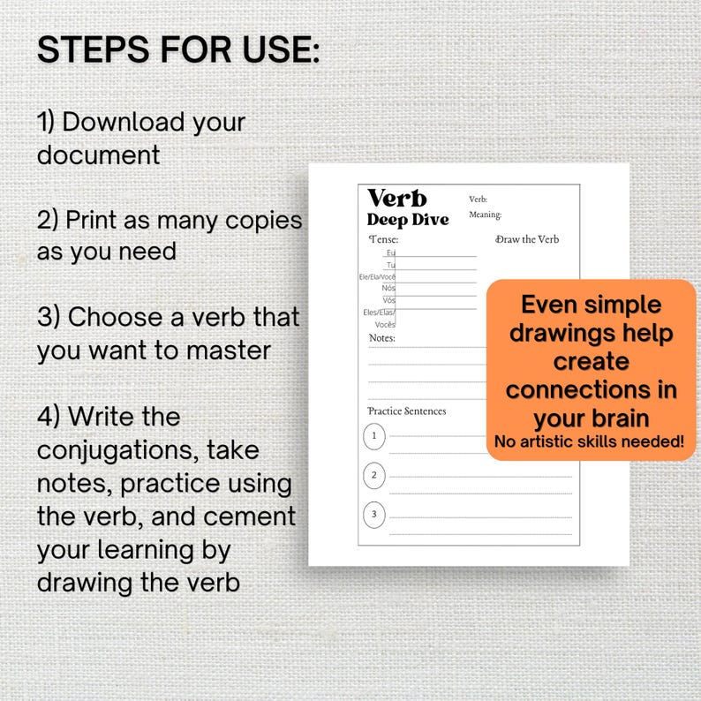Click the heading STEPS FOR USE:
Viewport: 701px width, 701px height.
tap(178, 49)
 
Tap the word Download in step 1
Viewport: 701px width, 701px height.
tap(123, 122)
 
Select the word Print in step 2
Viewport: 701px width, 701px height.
tap(91, 220)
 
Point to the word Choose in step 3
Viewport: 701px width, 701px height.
tap(116, 317)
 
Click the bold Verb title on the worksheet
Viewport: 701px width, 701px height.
tap(397, 199)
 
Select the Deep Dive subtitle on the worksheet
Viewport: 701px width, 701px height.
tap(408, 220)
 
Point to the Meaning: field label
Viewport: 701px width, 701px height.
tap(485, 215)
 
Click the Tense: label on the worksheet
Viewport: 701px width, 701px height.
tap(383, 239)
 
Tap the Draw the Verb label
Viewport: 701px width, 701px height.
tap(527, 239)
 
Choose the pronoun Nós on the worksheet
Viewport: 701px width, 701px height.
tap(388, 289)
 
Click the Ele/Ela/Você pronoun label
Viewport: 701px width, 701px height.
tap(377, 276)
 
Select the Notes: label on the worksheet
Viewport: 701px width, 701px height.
tap(382, 338)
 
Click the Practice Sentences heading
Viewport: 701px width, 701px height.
tap(407, 411)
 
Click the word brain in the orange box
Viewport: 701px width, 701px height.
tap(620, 418)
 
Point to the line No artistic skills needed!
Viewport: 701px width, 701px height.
tap(589, 441)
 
